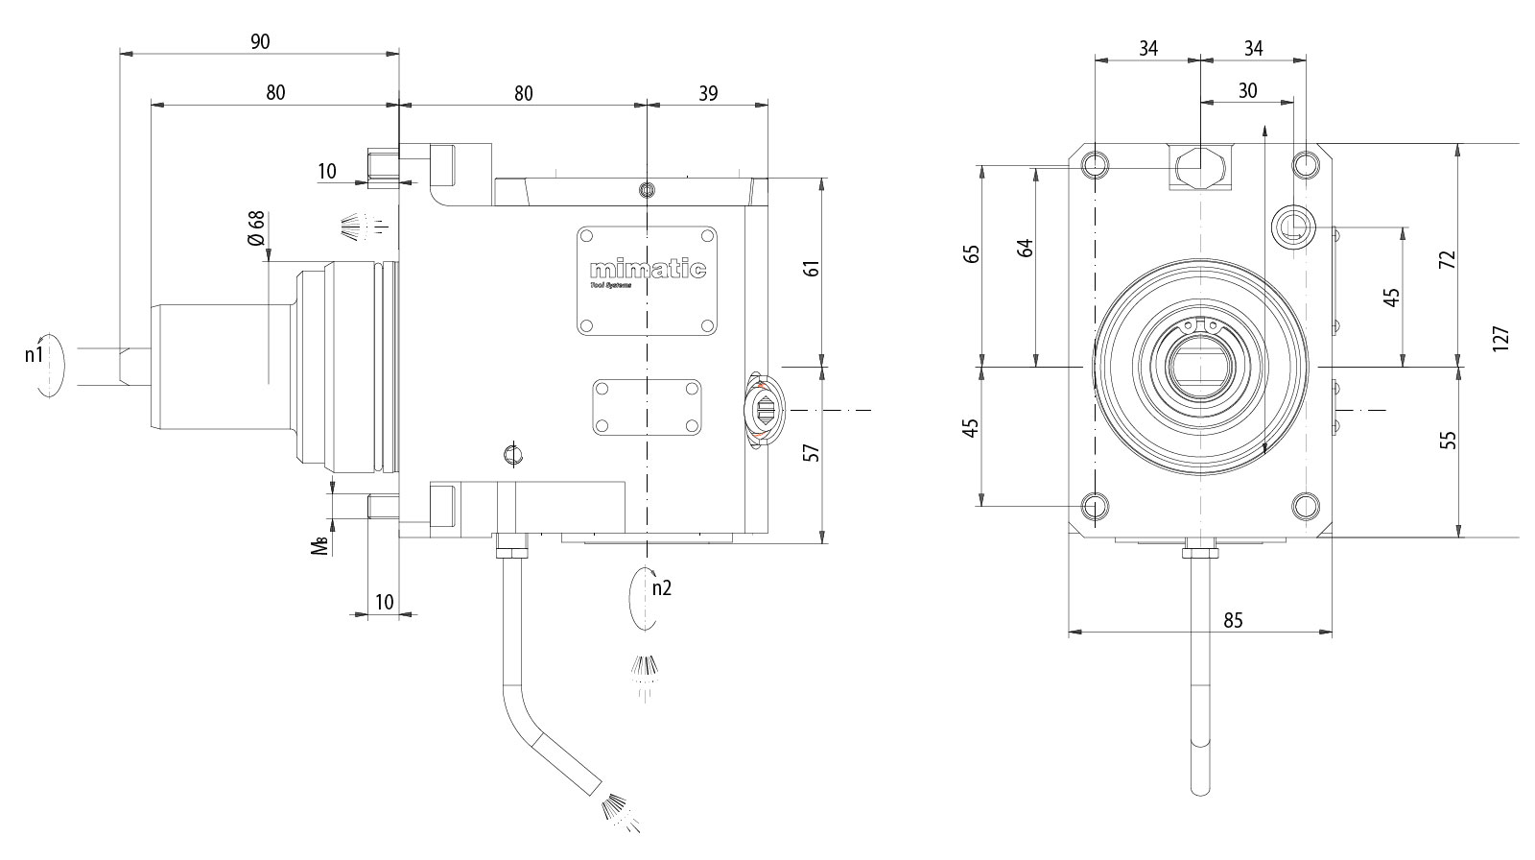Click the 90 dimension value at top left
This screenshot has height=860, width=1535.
pyautogui.click(x=259, y=41)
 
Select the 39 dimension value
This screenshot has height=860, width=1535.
pyautogui.click(x=708, y=93)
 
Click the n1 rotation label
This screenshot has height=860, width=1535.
pyautogui.click(x=35, y=355)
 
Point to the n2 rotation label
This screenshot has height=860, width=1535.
pyautogui.click(x=661, y=587)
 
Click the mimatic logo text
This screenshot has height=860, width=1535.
pyautogui.click(x=648, y=270)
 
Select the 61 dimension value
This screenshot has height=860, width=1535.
pyautogui.click(x=812, y=268)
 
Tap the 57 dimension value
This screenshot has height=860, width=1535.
pyautogui.click(x=812, y=452)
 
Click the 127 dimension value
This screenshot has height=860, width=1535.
pyautogui.click(x=1501, y=339)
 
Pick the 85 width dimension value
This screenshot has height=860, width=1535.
pyautogui.click(x=1233, y=620)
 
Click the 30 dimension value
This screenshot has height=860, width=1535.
pyautogui.click(x=1247, y=91)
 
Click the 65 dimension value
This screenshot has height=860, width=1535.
pyautogui.click(x=972, y=253)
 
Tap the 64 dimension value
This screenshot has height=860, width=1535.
pyautogui.click(x=1026, y=247)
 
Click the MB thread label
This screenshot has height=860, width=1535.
pyautogui.click(x=321, y=544)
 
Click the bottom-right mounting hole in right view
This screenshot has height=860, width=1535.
pyautogui.click(x=1305, y=506)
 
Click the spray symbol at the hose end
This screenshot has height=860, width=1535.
pyautogui.click(x=620, y=812)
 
